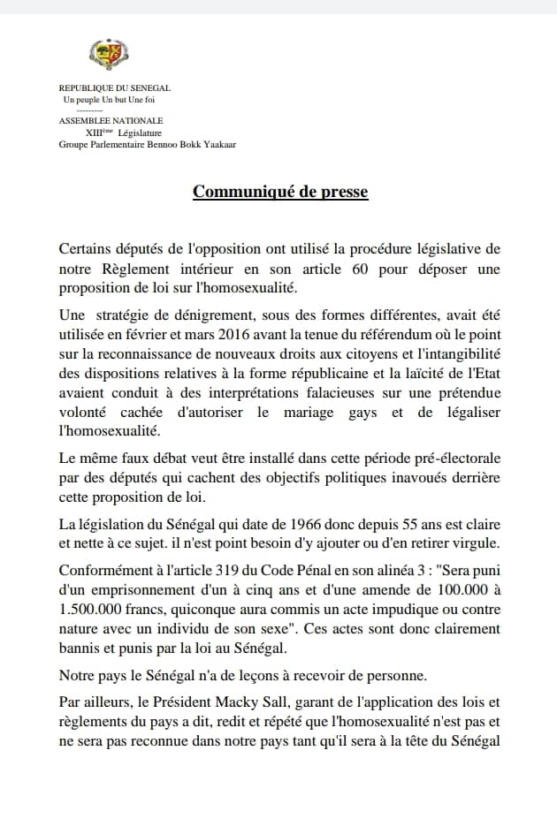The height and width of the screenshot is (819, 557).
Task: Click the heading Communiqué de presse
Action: [280, 192]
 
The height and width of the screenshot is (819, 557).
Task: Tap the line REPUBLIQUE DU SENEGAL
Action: [114, 88]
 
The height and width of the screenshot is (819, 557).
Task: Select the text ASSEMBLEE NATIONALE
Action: [111, 121]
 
